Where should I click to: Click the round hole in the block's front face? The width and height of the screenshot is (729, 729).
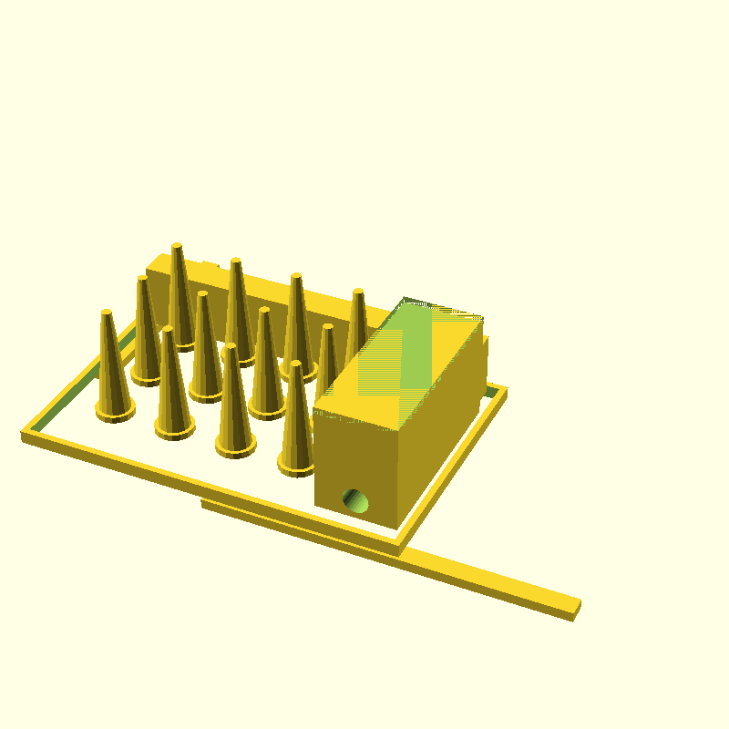pos(355,499)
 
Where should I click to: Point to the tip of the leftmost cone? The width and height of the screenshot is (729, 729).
pos(107,314)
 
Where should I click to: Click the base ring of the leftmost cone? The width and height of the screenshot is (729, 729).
pos(116,411)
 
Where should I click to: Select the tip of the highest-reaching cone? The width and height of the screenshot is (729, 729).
pos(177,246)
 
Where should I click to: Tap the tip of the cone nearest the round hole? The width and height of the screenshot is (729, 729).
pos(295,364)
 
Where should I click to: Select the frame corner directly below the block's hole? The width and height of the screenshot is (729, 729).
pos(398,549)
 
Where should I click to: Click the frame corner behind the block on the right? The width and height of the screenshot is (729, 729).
pos(502,392)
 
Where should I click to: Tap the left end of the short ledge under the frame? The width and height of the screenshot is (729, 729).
pos(205,504)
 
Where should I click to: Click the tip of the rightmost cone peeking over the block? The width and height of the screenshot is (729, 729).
pos(358,293)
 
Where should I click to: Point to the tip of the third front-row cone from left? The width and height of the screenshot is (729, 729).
pos(229,347)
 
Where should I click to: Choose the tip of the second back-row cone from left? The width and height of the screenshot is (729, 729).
pos(235,262)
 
